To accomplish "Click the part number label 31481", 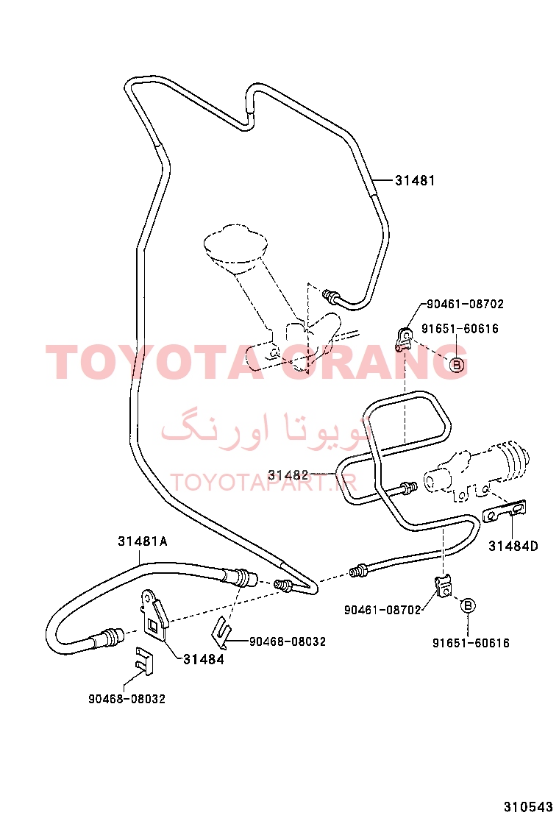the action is [x=415, y=180].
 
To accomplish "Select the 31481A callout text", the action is [x=143, y=541].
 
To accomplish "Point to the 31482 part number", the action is [x=288, y=474].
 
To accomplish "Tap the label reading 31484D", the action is [x=513, y=547].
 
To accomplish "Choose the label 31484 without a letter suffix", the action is [x=203, y=659].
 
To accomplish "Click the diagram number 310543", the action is [x=527, y=806].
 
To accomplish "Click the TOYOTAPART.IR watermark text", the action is [x=263, y=483].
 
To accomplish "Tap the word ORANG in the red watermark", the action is [x=374, y=362].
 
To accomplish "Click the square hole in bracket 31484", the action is [x=153, y=625].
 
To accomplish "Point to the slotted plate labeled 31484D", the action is [x=505, y=511].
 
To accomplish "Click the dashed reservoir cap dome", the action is [x=235, y=244].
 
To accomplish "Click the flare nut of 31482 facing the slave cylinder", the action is [x=407, y=488].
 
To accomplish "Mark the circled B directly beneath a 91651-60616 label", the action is [x=457, y=365].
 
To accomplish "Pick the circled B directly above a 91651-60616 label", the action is [x=468, y=605].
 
